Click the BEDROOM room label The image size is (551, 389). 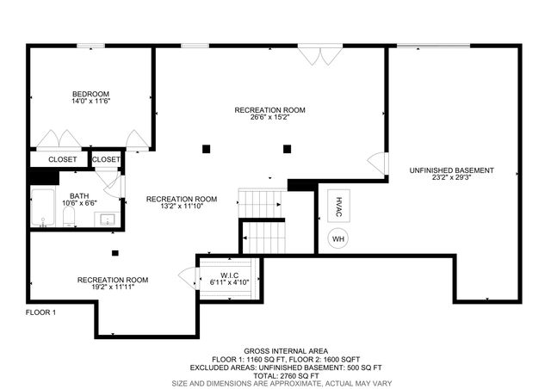pyautogui.click(x=90, y=94)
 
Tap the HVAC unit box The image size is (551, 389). pyautogui.click(x=337, y=207)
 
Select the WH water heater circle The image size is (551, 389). pyautogui.click(x=337, y=238)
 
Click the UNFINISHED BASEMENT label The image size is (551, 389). pyautogui.click(x=451, y=170)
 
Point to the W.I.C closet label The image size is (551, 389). pyautogui.click(x=229, y=275)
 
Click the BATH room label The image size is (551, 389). pyautogui.click(x=79, y=196)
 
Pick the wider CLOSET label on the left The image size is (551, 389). pyautogui.click(x=62, y=159)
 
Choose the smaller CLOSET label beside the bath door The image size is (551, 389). pyautogui.click(x=106, y=159)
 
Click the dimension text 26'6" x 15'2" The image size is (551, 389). pyautogui.click(x=270, y=118)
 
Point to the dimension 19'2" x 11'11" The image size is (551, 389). pyautogui.click(x=113, y=287)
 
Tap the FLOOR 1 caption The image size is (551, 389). pyautogui.click(x=40, y=312)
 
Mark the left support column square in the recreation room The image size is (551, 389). pyautogui.click(x=207, y=149)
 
